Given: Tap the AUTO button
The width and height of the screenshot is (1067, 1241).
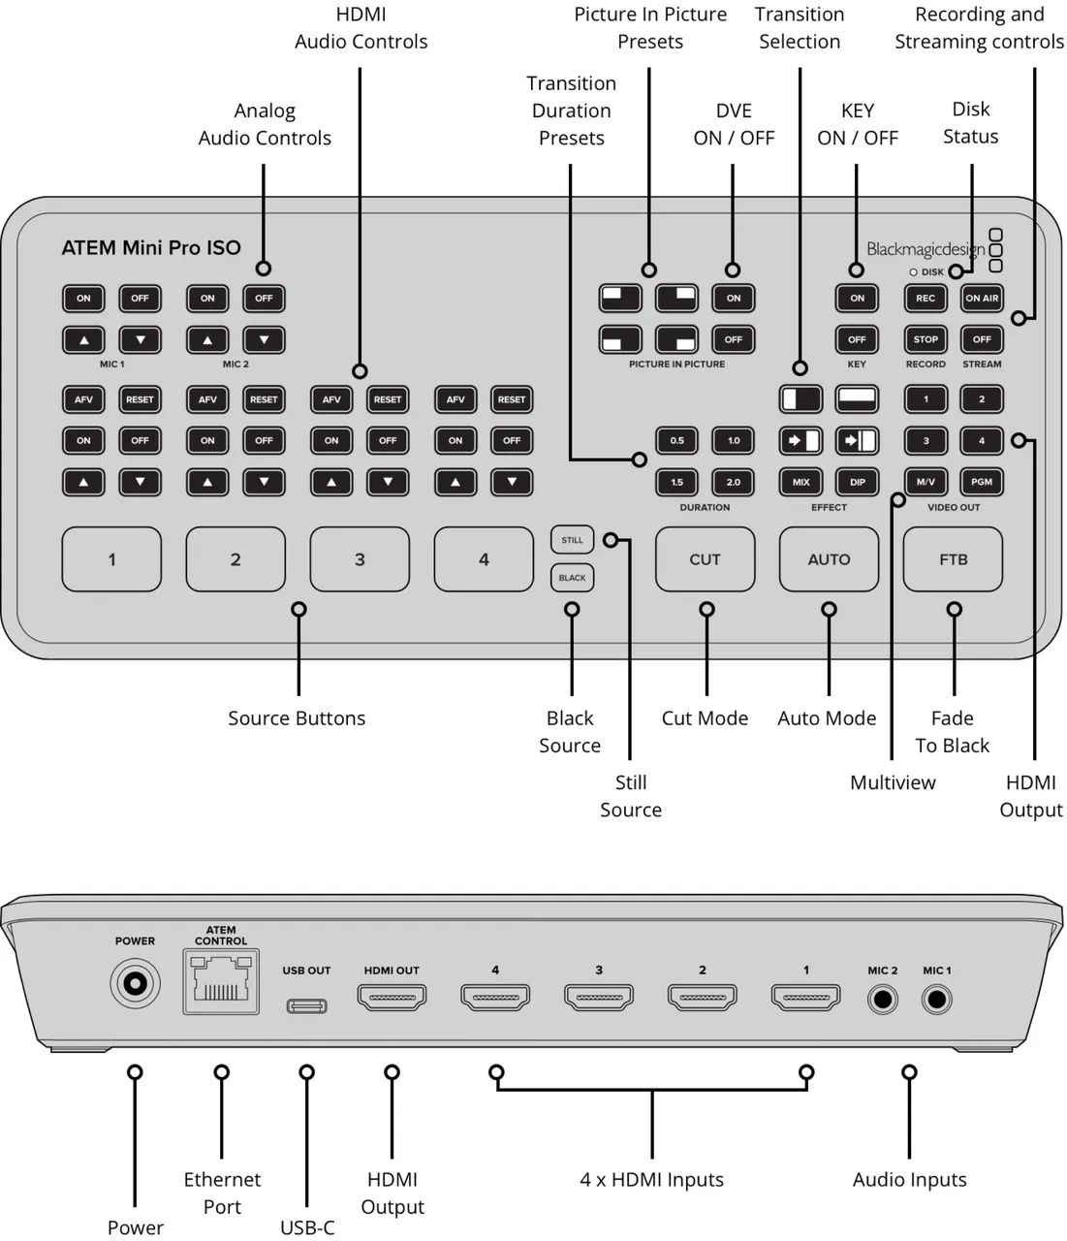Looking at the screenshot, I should pos(829,559).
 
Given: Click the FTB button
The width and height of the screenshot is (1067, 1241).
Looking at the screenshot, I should pos(953,559).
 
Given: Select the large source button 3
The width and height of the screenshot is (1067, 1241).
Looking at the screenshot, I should pos(360,559).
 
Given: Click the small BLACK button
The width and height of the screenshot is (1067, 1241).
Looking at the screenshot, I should pos(572,578).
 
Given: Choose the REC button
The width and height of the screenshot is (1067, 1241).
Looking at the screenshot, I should pos(926,298).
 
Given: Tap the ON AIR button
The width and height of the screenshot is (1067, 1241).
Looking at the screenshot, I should pos(982,298).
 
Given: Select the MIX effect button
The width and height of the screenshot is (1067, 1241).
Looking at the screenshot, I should pos(801,482).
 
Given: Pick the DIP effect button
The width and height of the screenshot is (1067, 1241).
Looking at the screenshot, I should pos(858,482).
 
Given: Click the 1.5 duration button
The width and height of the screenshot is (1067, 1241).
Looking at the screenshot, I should pos(677,482).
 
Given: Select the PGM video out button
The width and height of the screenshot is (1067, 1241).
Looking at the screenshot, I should pos(982,482).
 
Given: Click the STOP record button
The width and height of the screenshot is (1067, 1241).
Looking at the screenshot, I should pos(926,339).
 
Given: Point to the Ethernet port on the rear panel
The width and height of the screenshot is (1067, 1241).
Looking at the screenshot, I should pos(221,981).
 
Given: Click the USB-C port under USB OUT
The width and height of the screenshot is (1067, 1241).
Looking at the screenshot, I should pos(306,1005).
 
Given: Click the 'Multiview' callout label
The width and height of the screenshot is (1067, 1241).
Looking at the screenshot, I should pos(893,782).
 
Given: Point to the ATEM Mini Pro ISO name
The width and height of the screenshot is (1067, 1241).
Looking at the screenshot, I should pos(151,247).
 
